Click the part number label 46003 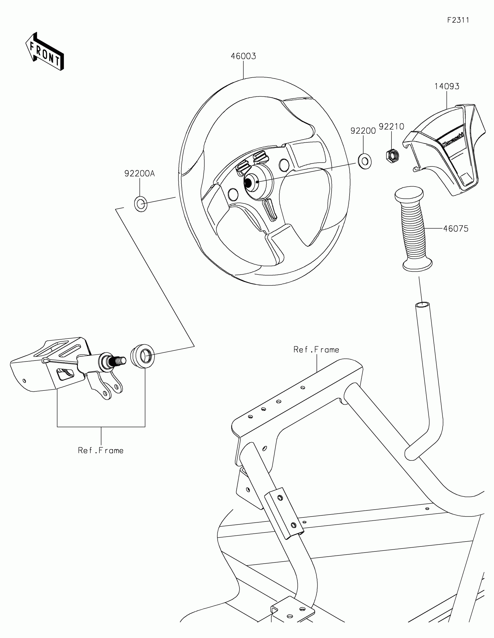pyautogui.click(x=243, y=56)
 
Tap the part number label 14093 pyautogui.click(x=447, y=87)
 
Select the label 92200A pyautogui.click(x=139, y=173)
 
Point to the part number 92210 pyautogui.click(x=391, y=126)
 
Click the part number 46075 pyautogui.click(x=456, y=229)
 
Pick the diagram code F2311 pyautogui.click(x=458, y=20)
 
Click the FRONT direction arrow pyautogui.click(x=45, y=51)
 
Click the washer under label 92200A pyautogui.click(x=141, y=204)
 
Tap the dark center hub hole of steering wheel pyautogui.click(x=248, y=182)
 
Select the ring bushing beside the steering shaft pyautogui.click(x=143, y=356)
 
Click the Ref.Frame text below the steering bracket pyautogui.click(x=101, y=450)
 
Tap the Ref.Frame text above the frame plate pyautogui.click(x=316, y=350)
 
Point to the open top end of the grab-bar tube pyautogui.click(x=423, y=305)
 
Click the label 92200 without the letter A pyautogui.click(x=363, y=131)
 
